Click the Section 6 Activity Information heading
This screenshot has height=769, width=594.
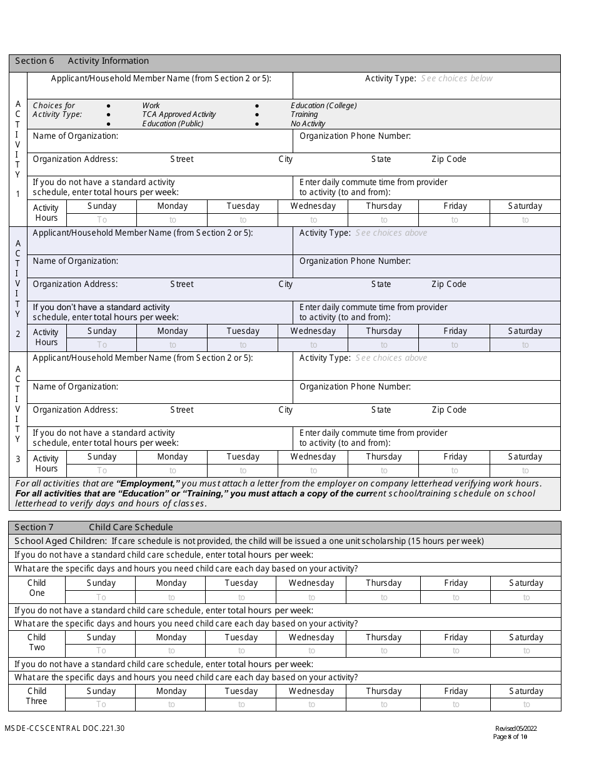82,61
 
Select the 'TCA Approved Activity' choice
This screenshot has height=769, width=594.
179,114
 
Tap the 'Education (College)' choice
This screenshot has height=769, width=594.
324,106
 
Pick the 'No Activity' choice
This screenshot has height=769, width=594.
308,124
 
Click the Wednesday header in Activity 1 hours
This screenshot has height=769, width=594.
313,206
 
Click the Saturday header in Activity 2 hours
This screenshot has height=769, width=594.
525,331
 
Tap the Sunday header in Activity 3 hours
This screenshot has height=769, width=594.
101,457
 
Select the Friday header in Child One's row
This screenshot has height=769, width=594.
455,583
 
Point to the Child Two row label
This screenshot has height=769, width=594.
37,642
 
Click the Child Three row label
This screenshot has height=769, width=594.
37,696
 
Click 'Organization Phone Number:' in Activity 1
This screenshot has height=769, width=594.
355,136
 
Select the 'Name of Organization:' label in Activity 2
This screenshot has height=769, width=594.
75,261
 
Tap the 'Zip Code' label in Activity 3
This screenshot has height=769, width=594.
448,410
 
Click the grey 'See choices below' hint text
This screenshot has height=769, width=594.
456,79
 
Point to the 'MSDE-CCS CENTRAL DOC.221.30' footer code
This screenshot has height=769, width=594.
65,728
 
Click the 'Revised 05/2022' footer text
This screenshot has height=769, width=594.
515,728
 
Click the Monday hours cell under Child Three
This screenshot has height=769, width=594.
171,705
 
